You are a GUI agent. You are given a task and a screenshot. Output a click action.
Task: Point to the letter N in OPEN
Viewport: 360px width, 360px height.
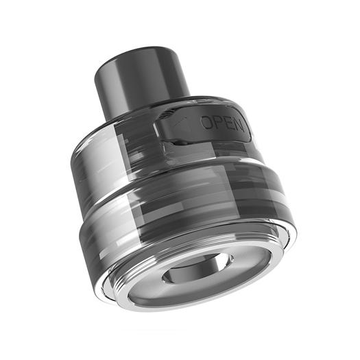point(237,123)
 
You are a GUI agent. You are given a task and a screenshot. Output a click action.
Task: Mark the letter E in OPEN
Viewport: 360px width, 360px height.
point(226,123)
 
